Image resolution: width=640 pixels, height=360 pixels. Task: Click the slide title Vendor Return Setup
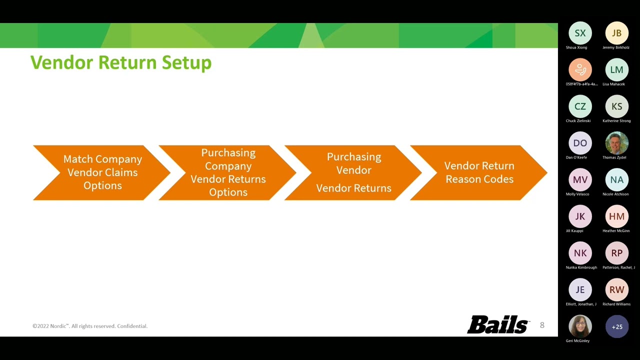(x=121, y=63)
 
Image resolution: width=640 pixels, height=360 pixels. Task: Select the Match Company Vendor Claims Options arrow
(x=102, y=172)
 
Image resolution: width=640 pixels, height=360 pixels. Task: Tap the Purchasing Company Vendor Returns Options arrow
(x=228, y=172)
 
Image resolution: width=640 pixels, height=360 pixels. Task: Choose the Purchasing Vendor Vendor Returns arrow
(x=353, y=172)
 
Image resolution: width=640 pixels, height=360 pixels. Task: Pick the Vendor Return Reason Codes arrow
(x=479, y=172)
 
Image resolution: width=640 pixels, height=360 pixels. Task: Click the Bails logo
(x=498, y=325)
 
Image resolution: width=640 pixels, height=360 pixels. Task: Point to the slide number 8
(x=542, y=325)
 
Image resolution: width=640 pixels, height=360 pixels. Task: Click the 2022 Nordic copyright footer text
(x=90, y=326)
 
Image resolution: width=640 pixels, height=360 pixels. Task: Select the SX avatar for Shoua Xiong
(x=580, y=33)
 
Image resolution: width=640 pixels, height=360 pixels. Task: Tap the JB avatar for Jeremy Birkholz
(x=616, y=33)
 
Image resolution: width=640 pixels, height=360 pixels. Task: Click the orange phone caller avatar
(x=580, y=70)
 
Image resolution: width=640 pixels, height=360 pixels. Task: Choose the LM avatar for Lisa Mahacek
(x=616, y=70)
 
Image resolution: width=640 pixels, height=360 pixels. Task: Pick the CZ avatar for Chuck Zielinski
(x=580, y=106)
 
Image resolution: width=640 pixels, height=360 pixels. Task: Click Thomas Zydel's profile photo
(x=616, y=143)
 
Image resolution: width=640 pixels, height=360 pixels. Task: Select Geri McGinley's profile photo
(x=580, y=326)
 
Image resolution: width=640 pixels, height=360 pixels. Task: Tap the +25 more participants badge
(x=616, y=326)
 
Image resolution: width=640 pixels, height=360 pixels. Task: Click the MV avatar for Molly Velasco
(x=580, y=180)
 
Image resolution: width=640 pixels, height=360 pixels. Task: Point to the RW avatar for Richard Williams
(x=616, y=290)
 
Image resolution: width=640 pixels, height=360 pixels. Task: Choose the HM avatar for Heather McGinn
(x=616, y=216)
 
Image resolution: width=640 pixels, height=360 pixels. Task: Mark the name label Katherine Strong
(x=616, y=121)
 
